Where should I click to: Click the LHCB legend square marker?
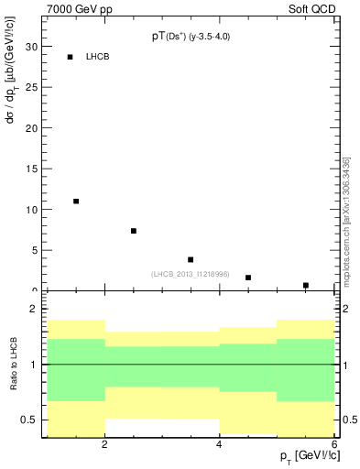coord(70,57)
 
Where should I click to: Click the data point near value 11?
coord(76,201)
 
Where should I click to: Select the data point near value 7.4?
coord(134,231)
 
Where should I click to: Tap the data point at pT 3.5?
coord(191,259)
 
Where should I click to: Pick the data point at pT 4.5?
coord(248,277)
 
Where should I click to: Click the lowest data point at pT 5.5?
coord(306,285)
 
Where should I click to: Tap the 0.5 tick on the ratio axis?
coord(28,420)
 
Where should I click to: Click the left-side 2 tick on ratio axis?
coord(33,310)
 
